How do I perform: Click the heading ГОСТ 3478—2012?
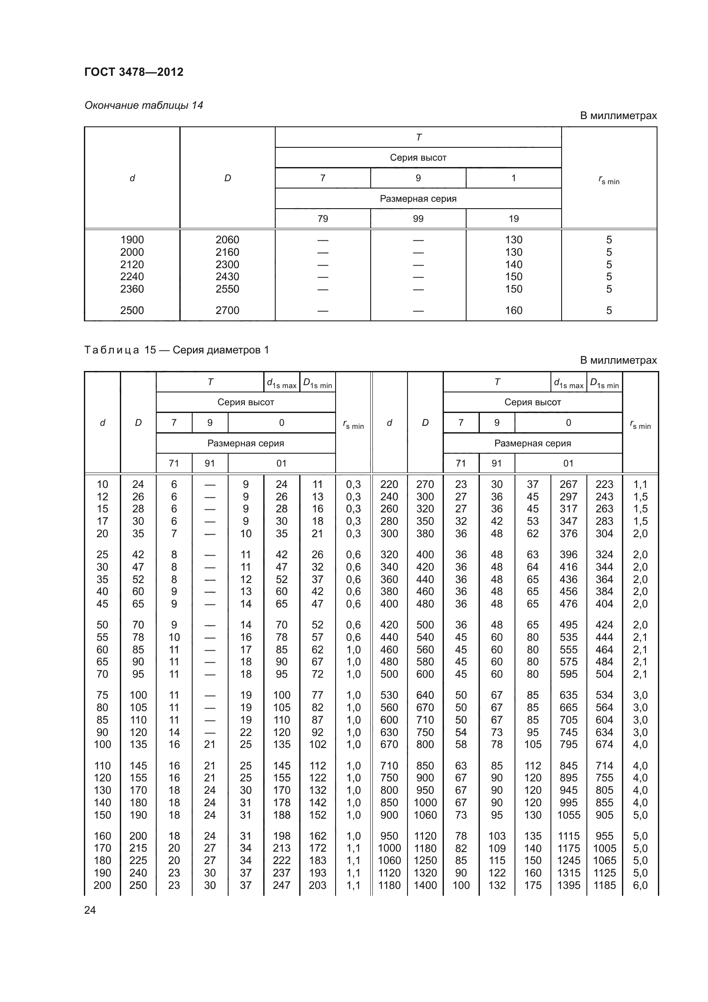click(134, 72)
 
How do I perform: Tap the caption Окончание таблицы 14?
click(143, 105)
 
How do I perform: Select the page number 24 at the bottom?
click(90, 910)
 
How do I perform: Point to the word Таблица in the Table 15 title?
click(112, 350)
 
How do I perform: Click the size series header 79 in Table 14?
click(323, 218)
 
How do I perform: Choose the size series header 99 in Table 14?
click(418, 218)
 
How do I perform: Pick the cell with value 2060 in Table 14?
click(227, 239)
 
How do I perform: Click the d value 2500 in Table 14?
click(132, 310)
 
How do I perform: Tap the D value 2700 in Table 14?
click(227, 310)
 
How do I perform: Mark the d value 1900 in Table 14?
click(132, 239)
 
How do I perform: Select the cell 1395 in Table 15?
click(568, 885)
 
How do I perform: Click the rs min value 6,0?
click(640, 885)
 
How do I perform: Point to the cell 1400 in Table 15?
click(425, 885)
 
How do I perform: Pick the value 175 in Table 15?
click(532, 885)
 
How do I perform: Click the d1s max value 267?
click(568, 484)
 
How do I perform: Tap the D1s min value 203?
click(317, 885)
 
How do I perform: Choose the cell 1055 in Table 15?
click(568, 815)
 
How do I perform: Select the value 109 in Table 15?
click(497, 848)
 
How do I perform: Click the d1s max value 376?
click(568, 533)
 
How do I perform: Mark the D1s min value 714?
click(604, 766)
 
